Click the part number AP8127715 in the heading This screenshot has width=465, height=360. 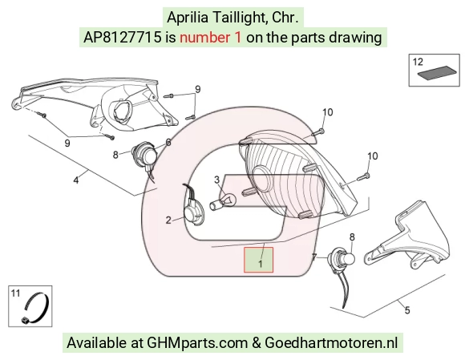pyautogui.click(x=123, y=38)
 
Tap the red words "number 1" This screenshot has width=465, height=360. pyautogui.click(x=211, y=38)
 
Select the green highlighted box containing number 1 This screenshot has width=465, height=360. pyautogui.click(x=258, y=260)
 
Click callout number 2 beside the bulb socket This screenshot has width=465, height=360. pyautogui.click(x=168, y=220)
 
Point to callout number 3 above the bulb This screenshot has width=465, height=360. pyautogui.click(x=216, y=180)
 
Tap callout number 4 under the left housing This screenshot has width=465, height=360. pyautogui.click(x=76, y=180)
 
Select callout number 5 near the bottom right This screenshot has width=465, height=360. pyautogui.click(x=407, y=310)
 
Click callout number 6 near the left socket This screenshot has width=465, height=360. pyautogui.click(x=168, y=143)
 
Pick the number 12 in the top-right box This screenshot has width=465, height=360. pyautogui.click(x=418, y=62)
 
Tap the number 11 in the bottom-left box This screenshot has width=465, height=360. pyautogui.click(x=15, y=293)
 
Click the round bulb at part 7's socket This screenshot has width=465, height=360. pyautogui.click(x=348, y=258)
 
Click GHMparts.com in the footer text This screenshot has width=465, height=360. pyautogui.click(x=197, y=343)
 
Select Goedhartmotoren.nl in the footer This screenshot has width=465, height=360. pyautogui.click(x=331, y=343)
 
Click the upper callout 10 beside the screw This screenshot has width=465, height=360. pyautogui.click(x=328, y=112)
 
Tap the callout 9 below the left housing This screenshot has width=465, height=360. pyautogui.click(x=67, y=144)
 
